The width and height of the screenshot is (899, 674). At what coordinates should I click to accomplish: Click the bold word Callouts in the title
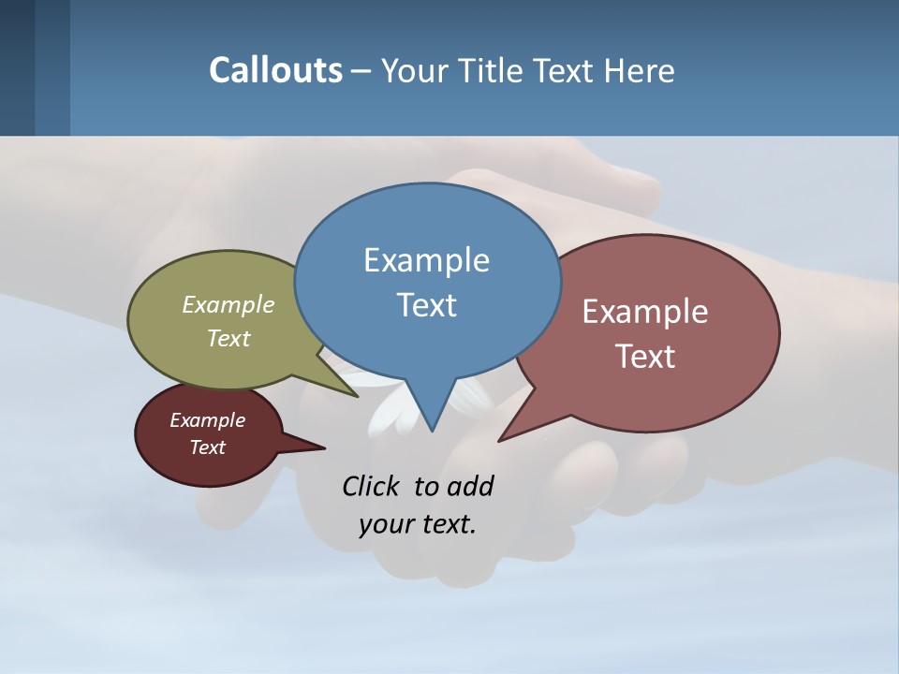(275, 70)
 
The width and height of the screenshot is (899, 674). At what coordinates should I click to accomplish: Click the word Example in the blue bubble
(426, 260)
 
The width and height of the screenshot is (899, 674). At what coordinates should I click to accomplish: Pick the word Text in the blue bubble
(426, 304)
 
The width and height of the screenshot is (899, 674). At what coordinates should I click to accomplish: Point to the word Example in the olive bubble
(228, 305)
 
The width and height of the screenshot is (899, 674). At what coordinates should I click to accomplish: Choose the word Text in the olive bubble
(228, 338)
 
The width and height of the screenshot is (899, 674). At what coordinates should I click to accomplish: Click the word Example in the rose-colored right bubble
(645, 312)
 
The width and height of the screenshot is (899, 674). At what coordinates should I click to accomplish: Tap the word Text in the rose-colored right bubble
(645, 356)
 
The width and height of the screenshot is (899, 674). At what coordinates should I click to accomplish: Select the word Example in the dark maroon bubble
(207, 420)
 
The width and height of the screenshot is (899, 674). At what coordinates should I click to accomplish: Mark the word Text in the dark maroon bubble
(207, 447)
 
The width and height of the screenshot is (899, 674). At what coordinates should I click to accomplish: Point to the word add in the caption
(469, 486)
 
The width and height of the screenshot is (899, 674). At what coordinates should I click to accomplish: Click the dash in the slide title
(361, 70)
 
